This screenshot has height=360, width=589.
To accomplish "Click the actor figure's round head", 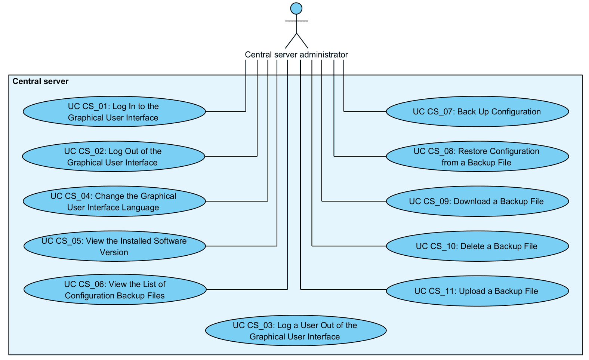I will pos(296,8).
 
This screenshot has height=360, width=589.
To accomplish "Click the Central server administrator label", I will pos(296,55).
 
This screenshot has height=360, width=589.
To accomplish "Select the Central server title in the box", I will pos(40,81).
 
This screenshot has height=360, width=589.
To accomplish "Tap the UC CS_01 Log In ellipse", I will pos(114,111).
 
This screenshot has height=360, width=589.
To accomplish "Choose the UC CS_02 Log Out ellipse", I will pos(113,156).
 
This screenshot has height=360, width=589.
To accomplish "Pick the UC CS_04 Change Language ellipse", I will pos(114,201).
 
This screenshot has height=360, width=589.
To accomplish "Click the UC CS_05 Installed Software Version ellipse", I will pos(114,246).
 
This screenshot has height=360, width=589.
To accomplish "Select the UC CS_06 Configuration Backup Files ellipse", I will pos(115,289).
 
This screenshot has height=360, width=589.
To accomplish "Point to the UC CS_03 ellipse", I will pos(295,330).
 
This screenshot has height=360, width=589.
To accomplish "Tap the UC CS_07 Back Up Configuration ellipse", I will pos(477,111).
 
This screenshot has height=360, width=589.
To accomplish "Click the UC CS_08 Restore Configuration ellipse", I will pos(477,156).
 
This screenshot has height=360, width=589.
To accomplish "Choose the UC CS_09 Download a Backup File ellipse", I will pos(477,201).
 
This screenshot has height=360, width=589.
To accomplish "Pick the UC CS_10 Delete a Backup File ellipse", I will pos(477,246).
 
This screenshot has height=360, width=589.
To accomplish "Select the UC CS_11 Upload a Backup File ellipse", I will pos(477,291).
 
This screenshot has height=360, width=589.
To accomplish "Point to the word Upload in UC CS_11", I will pos(471,291).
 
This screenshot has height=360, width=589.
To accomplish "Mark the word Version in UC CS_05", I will pos(114,252).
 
